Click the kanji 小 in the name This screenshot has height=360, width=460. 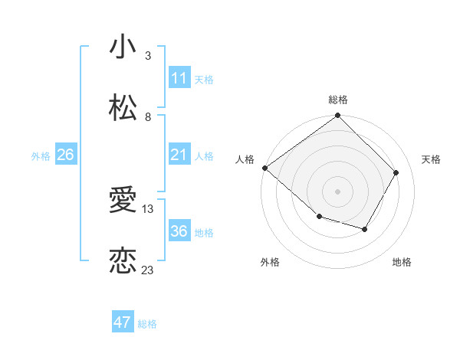coord(123,47)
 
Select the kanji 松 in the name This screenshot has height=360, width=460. coord(123,108)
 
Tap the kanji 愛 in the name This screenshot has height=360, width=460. coord(123,201)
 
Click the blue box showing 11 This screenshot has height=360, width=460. coord(179,78)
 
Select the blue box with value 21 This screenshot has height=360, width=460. coord(179,155)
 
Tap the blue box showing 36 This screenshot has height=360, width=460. coord(179,231)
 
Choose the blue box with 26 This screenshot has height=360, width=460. coord(66,155)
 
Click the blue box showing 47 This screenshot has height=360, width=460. coord(123,322)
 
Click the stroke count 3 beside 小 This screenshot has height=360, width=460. coord(148,56)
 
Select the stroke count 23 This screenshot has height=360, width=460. coord(148,270)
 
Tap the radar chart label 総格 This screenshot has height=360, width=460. coord(338,100)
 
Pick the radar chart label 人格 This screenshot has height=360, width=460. coord(244,159)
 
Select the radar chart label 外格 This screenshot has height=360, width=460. coord(269,262)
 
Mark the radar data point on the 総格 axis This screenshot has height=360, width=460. coord(338,116)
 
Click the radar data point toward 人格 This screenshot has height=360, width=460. coord(264,168)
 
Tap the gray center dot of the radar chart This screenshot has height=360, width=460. coord(338,191)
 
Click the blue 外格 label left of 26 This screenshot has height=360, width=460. coord(41,155)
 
